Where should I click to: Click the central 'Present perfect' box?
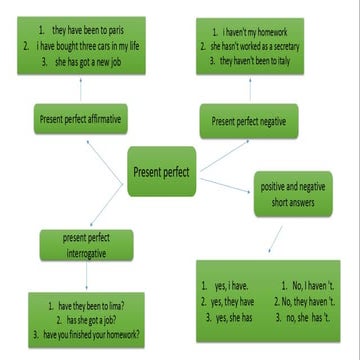[x=161, y=172]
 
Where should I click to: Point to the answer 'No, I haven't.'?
[x=312, y=285]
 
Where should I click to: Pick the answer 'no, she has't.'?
[x=313, y=317]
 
